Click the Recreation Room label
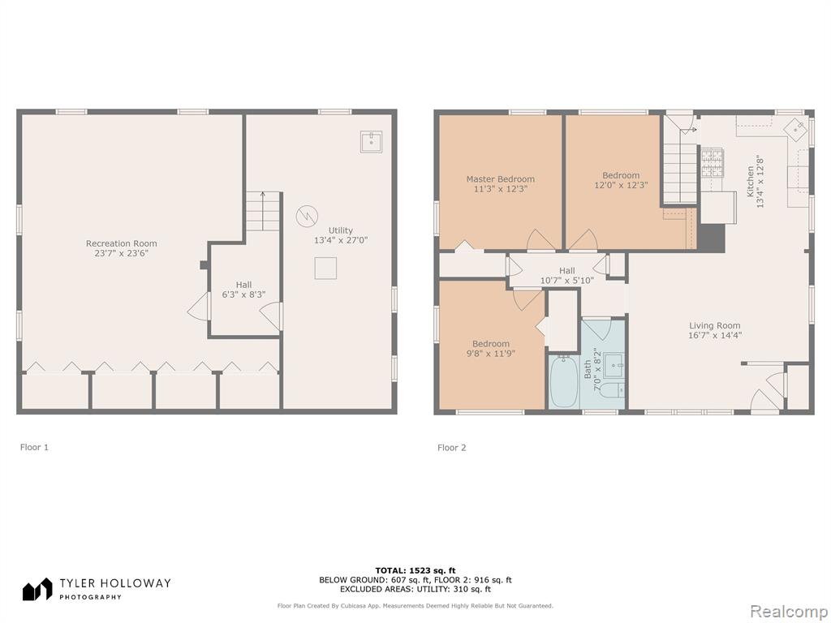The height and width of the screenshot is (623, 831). pyautogui.click(x=122, y=243)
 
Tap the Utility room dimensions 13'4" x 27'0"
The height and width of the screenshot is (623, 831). pyautogui.click(x=341, y=240)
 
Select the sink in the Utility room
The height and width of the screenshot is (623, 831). pyautogui.click(x=371, y=141)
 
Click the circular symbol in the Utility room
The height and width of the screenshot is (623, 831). pyautogui.click(x=307, y=216)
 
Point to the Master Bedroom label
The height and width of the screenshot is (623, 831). pyautogui.click(x=500, y=179)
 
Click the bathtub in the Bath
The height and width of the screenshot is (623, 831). pyautogui.click(x=563, y=381)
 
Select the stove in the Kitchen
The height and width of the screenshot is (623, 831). pyautogui.click(x=712, y=162)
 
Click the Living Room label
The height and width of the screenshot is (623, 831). pyautogui.click(x=714, y=326)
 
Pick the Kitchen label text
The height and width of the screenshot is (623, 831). pyautogui.click(x=751, y=181)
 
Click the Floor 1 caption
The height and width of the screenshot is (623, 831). pyautogui.click(x=34, y=447)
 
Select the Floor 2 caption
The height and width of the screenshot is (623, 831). pyautogui.click(x=451, y=448)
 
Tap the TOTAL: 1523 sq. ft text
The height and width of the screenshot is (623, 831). pyautogui.click(x=415, y=570)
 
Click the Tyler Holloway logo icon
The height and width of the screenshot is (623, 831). pyautogui.click(x=37, y=589)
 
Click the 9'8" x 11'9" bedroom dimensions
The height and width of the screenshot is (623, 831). pyautogui.click(x=491, y=354)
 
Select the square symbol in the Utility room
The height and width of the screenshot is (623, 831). pyautogui.click(x=325, y=268)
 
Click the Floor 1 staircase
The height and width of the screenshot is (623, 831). pyautogui.click(x=263, y=211)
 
